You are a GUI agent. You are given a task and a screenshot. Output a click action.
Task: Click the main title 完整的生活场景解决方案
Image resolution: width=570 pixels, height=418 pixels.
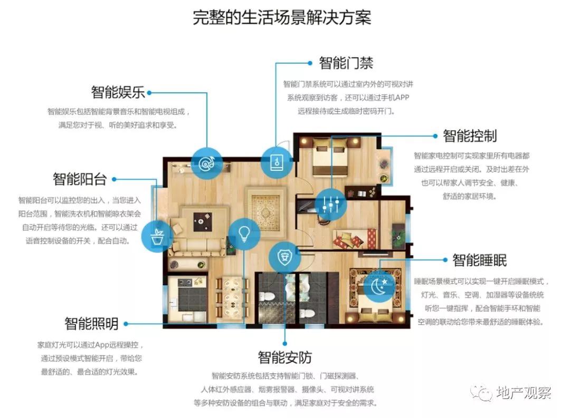click(282, 17)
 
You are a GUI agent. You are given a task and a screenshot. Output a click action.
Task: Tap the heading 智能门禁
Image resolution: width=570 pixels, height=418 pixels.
click(346, 63)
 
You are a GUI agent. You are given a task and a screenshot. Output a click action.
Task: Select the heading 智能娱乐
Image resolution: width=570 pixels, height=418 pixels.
click(118, 92)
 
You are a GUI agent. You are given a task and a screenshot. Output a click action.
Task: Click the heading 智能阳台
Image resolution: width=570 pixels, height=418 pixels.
click(80, 179)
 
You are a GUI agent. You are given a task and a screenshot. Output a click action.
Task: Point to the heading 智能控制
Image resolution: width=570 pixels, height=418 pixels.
click(470, 136)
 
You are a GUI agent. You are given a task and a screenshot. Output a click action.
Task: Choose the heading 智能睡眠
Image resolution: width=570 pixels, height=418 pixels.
click(479, 260)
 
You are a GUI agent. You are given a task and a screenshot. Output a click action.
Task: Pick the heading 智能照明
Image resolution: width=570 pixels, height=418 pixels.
click(92, 323)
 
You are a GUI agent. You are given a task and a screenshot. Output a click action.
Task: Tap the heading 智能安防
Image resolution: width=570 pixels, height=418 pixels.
click(285, 357)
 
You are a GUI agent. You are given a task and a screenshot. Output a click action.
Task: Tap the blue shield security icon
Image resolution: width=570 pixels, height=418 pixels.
click(285, 257)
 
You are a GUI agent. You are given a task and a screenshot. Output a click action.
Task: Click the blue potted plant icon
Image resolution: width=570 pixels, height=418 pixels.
click(157, 237)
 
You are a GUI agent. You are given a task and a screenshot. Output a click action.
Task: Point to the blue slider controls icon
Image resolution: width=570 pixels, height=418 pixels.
click(331, 205)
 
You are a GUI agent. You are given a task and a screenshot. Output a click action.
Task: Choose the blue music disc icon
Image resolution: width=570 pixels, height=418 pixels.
click(207, 163)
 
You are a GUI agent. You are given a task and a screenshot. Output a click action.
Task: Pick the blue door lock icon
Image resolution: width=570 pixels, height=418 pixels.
click(277, 162)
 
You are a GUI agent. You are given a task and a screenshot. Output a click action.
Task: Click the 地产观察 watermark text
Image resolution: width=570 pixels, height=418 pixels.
click(524, 393)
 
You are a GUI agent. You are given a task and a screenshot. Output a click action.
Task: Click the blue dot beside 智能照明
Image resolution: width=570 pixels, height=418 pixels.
click(126, 324)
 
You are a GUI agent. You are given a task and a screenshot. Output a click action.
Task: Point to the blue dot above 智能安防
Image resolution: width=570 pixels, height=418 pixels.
click(285, 344)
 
